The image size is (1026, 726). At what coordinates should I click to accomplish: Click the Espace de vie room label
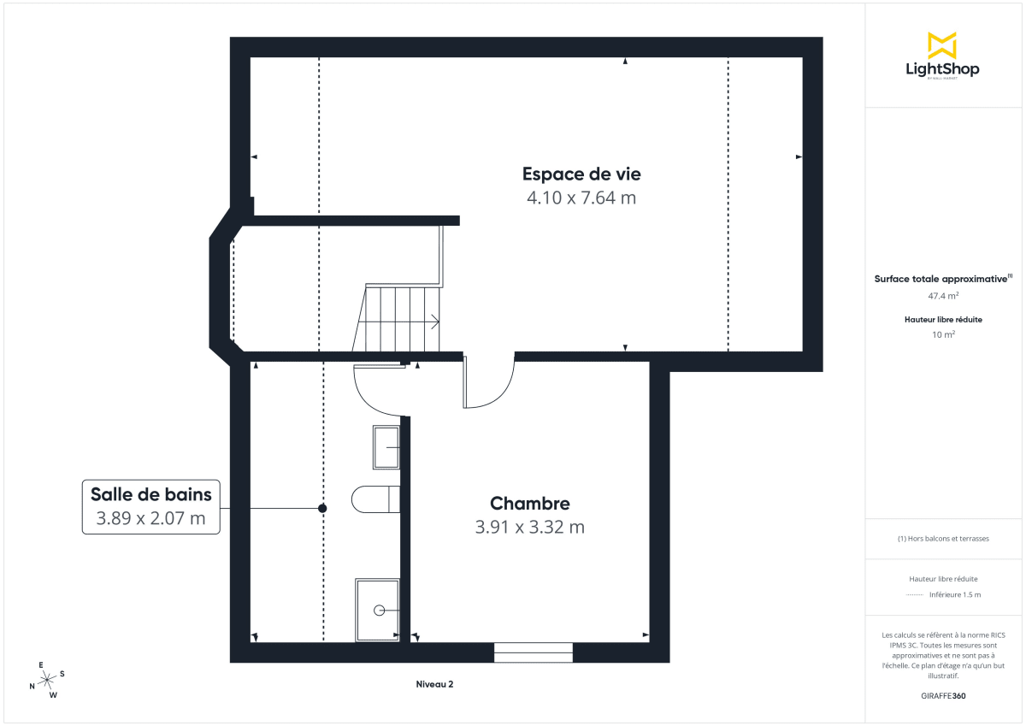pos(581,174)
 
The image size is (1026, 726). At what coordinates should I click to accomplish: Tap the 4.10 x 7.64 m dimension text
pos(581,198)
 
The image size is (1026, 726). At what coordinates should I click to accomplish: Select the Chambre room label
pos(529,503)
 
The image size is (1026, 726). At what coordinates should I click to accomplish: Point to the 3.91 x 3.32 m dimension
pos(529,527)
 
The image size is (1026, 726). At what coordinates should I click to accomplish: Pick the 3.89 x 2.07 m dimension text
pos(150,518)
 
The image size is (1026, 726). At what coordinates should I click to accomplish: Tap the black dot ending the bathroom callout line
pos(322,508)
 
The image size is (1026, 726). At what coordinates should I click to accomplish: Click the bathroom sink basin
pos(386,446)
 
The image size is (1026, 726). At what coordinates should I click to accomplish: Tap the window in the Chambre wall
pos(534,652)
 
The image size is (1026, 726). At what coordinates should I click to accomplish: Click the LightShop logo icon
pos(942,45)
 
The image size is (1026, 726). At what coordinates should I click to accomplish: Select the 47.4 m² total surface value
pos(943,296)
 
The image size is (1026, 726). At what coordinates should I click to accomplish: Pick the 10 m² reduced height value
pos(943,334)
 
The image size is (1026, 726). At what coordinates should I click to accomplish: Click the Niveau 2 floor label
pos(434,684)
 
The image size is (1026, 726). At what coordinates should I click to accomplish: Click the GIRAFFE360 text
pos(943,695)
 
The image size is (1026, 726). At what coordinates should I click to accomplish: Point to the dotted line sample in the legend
pos(915,594)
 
